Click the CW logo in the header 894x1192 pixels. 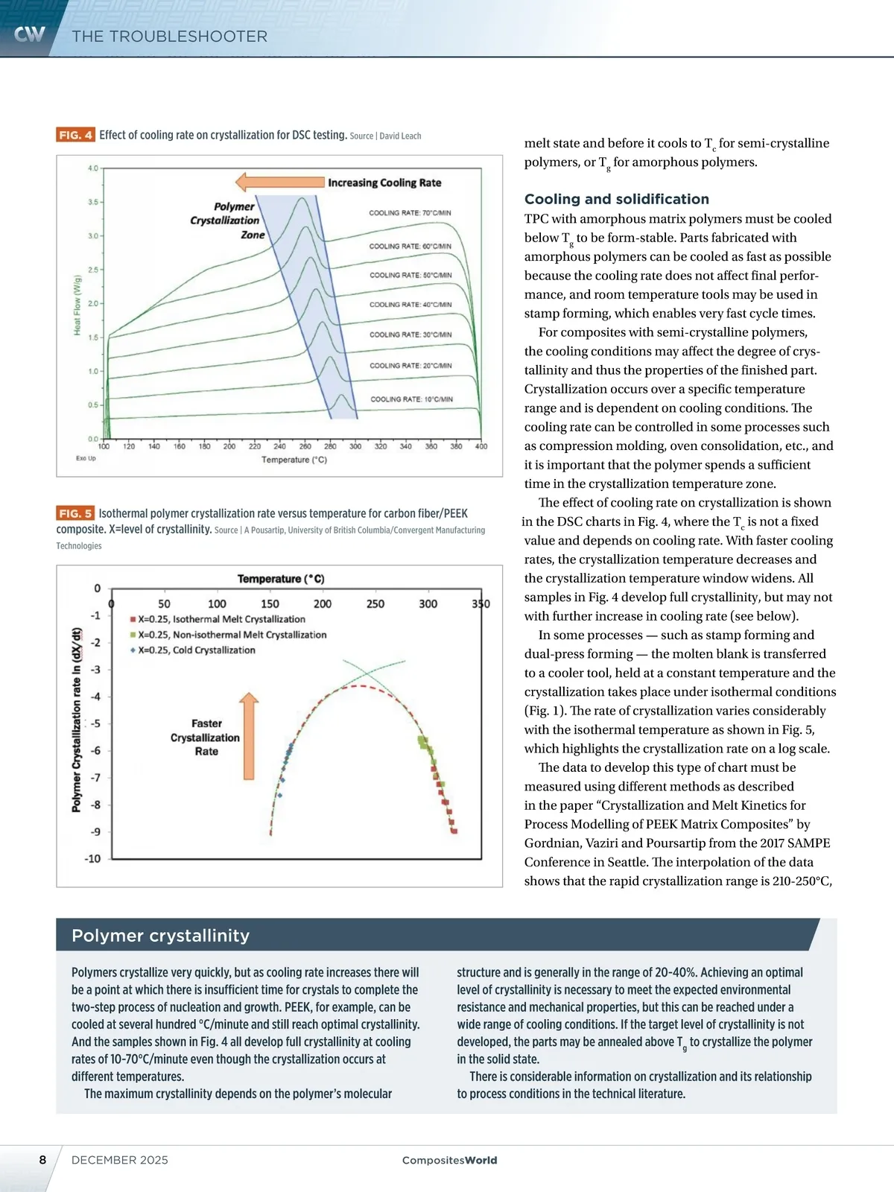click(x=30, y=34)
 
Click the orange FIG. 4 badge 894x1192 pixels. click(x=75, y=135)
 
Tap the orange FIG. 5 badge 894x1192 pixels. click(x=75, y=513)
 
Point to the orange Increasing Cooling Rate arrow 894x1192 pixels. click(x=279, y=183)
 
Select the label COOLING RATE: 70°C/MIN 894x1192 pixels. click(x=410, y=213)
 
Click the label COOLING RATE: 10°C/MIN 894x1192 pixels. click(x=411, y=399)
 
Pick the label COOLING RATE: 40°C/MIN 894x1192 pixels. click(x=410, y=305)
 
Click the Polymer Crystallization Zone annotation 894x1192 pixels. click(x=227, y=221)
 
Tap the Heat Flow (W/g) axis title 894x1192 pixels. click(x=77, y=305)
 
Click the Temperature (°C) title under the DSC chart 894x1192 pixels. click(x=294, y=460)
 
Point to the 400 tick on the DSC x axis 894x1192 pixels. click(x=481, y=446)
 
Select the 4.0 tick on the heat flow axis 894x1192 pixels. click(x=93, y=168)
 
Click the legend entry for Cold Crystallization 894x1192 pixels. click(x=196, y=650)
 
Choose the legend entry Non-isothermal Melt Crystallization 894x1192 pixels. click(x=232, y=635)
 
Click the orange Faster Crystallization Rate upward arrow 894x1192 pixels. click(x=249, y=735)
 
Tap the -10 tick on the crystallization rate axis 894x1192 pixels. click(x=92, y=859)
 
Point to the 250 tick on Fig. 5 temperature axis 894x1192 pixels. click(x=375, y=603)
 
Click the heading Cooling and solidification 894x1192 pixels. click(x=617, y=199)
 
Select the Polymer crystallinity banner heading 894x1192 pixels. click(x=160, y=936)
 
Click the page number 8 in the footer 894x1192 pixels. click(x=42, y=1160)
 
